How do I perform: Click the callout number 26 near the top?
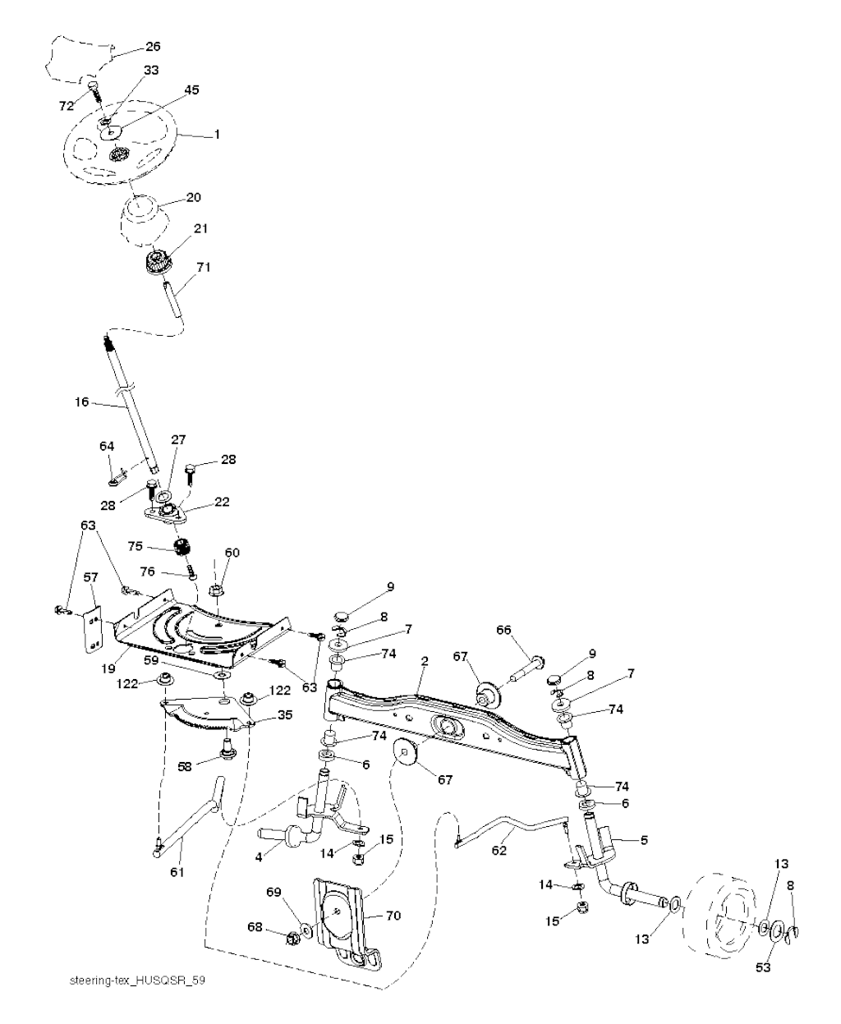click(153, 47)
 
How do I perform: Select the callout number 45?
click(192, 90)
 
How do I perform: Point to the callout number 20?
click(193, 198)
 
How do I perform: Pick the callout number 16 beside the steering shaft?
click(82, 402)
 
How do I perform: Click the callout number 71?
click(204, 267)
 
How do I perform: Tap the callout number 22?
click(222, 502)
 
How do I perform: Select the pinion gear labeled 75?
click(182, 549)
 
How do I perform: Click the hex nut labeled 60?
click(216, 591)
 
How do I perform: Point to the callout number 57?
click(90, 577)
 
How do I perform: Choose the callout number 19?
click(108, 668)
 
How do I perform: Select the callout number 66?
click(504, 630)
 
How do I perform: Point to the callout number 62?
click(499, 850)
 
